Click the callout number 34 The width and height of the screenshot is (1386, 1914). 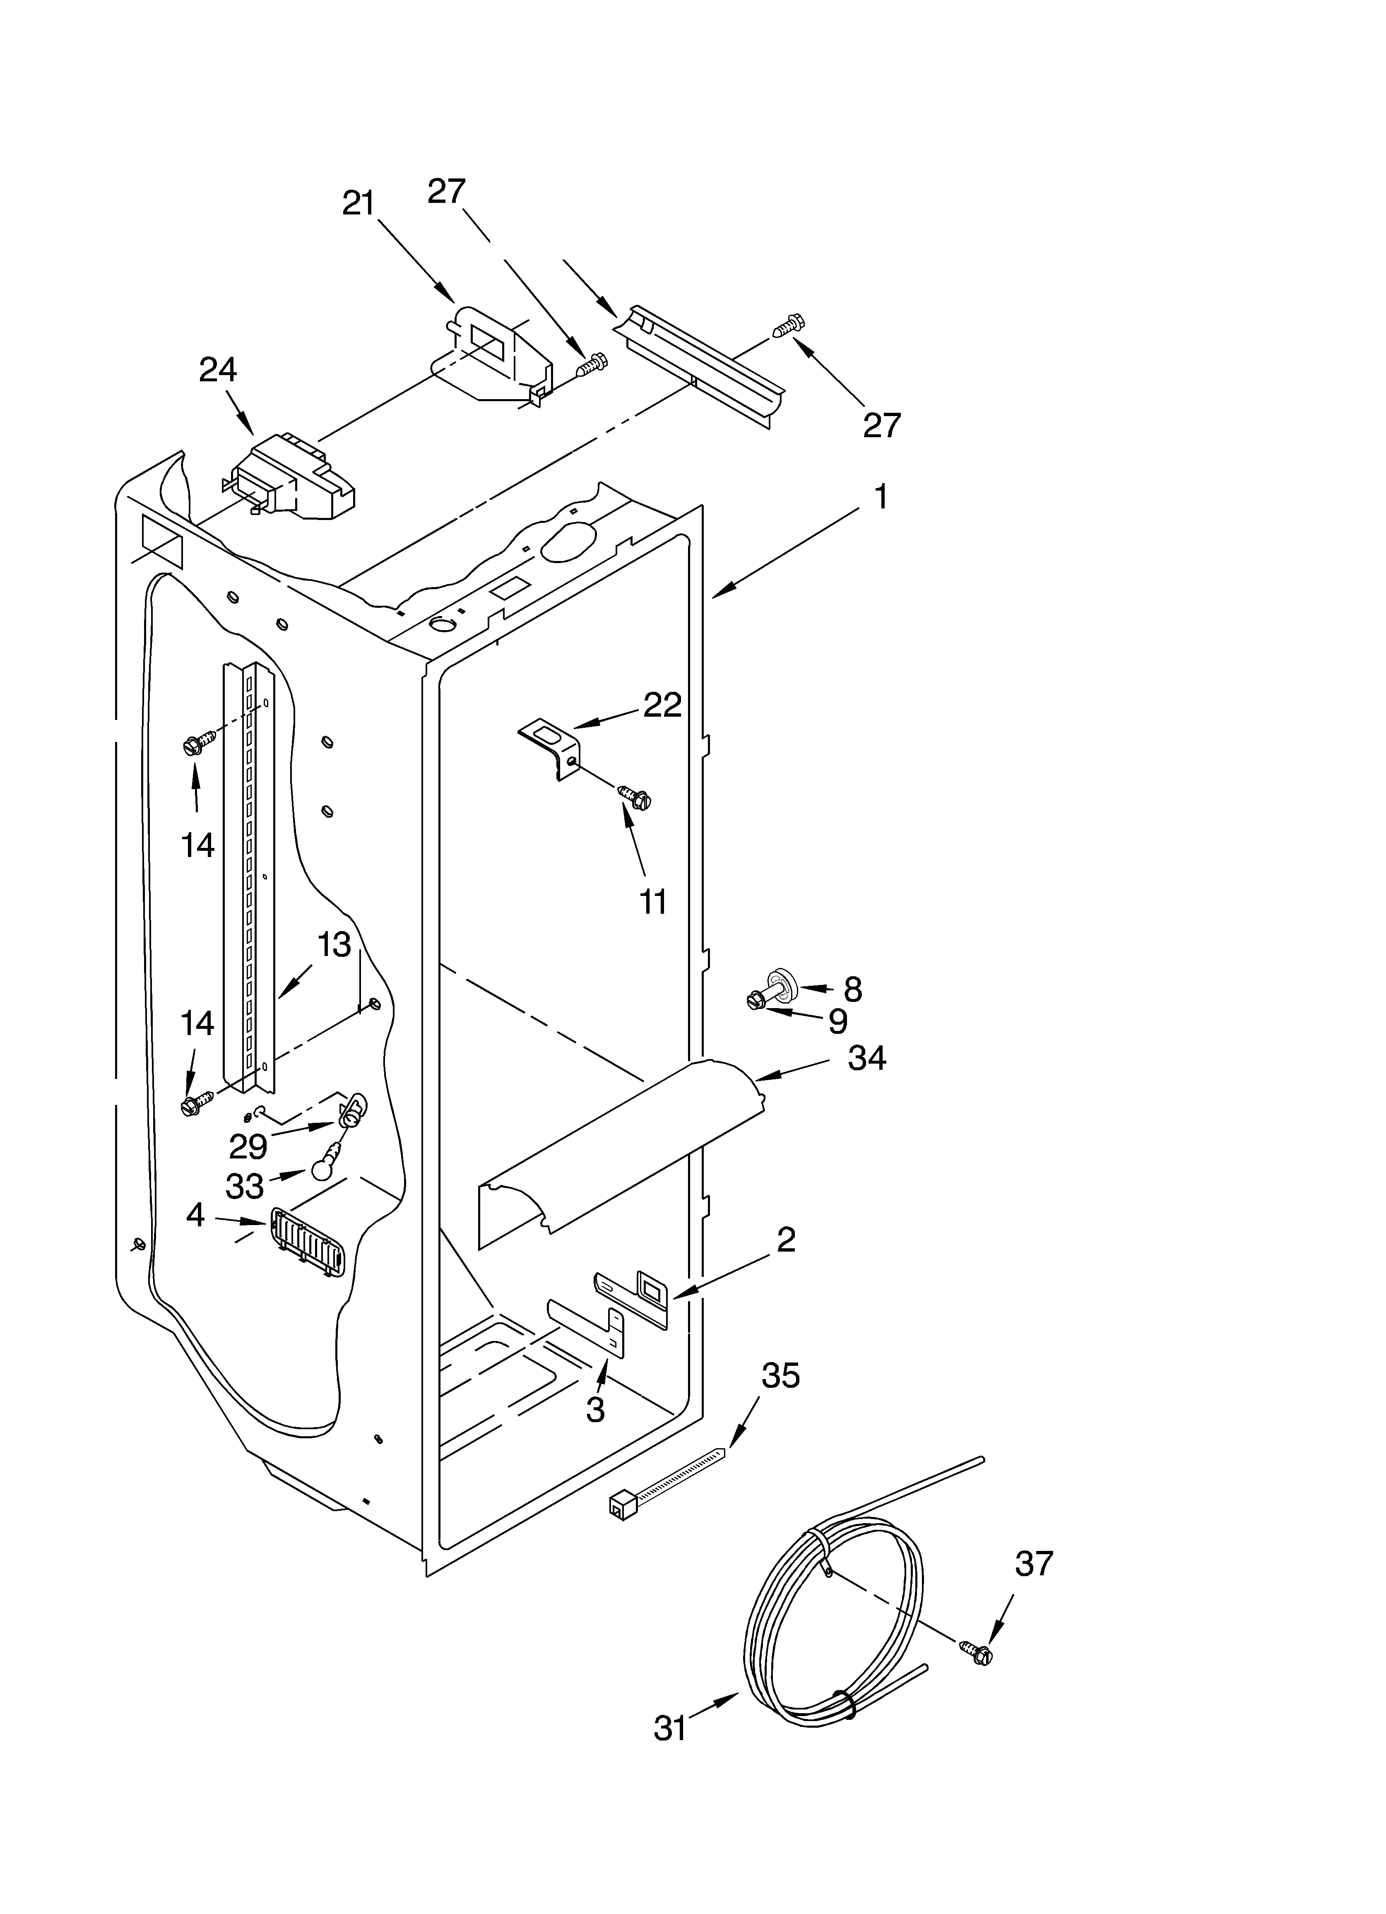[x=867, y=1058]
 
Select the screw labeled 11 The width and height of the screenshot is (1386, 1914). [x=635, y=796]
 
